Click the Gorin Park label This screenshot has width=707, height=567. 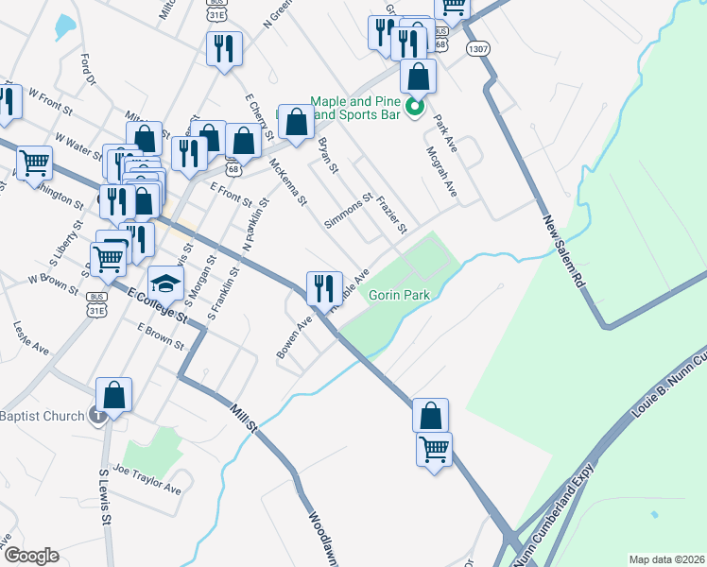[x=399, y=295]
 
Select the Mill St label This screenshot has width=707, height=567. [x=244, y=415]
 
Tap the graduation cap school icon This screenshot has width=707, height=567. [x=166, y=282]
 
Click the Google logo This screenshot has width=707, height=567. [x=30, y=556]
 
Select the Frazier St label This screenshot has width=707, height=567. [x=391, y=215]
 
